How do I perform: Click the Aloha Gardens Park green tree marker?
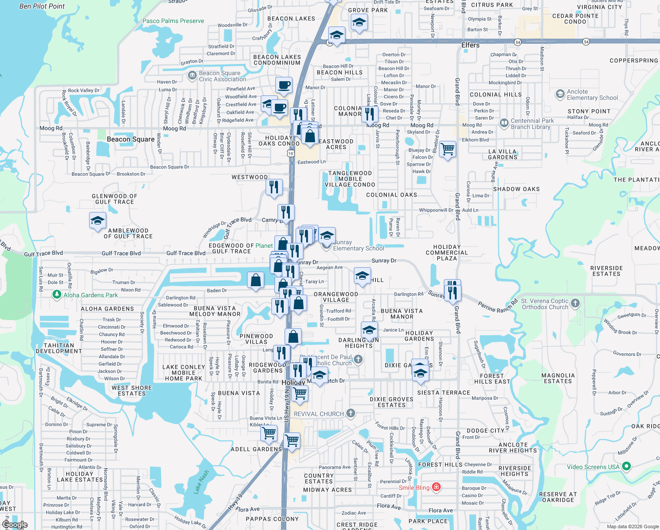coord(57,295)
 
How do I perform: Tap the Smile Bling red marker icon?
coord(436,487)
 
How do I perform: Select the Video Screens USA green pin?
coord(626,466)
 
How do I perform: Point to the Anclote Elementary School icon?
coord(560,94)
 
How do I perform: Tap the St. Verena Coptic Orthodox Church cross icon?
coord(575,303)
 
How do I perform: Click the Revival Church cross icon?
coord(350,413)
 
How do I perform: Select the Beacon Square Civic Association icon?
coord(192,76)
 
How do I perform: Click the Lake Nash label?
coord(201,481)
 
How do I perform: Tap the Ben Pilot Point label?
coord(42,6)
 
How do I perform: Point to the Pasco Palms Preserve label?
coord(173,21)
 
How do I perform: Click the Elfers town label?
coord(470,45)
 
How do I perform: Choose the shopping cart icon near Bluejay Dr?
coord(448,149)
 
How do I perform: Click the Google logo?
coord(15,525)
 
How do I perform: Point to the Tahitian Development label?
coord(59,348)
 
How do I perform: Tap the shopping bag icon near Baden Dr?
coord(256,280)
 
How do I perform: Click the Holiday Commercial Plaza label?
coord(446,253)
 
